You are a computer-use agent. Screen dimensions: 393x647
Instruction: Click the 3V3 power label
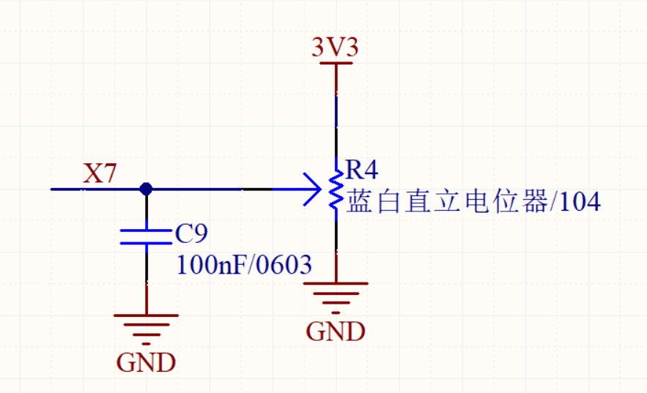(335, 48)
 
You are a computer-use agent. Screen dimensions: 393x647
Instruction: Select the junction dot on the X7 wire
(146, 189)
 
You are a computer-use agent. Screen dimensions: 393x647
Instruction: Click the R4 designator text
(362, 171)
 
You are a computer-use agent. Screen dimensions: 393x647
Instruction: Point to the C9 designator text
(192, 234)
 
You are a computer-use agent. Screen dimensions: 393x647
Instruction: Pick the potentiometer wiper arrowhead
(314, 189)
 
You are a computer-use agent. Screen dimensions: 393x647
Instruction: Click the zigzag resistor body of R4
(336, 190)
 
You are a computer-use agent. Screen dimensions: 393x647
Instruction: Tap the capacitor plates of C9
(146, 236)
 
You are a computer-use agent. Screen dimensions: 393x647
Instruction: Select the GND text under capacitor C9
(146, 362)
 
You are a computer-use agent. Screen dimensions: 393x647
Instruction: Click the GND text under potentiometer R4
(336, 332)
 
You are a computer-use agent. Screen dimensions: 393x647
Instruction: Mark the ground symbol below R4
(336, 295)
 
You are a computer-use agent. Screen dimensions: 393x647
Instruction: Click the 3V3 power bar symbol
(336, 64)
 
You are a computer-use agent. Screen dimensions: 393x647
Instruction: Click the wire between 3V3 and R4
(336, 117)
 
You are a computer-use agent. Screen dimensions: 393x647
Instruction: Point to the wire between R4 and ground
(336, 245)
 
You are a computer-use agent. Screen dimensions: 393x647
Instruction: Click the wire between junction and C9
(146, 211)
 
